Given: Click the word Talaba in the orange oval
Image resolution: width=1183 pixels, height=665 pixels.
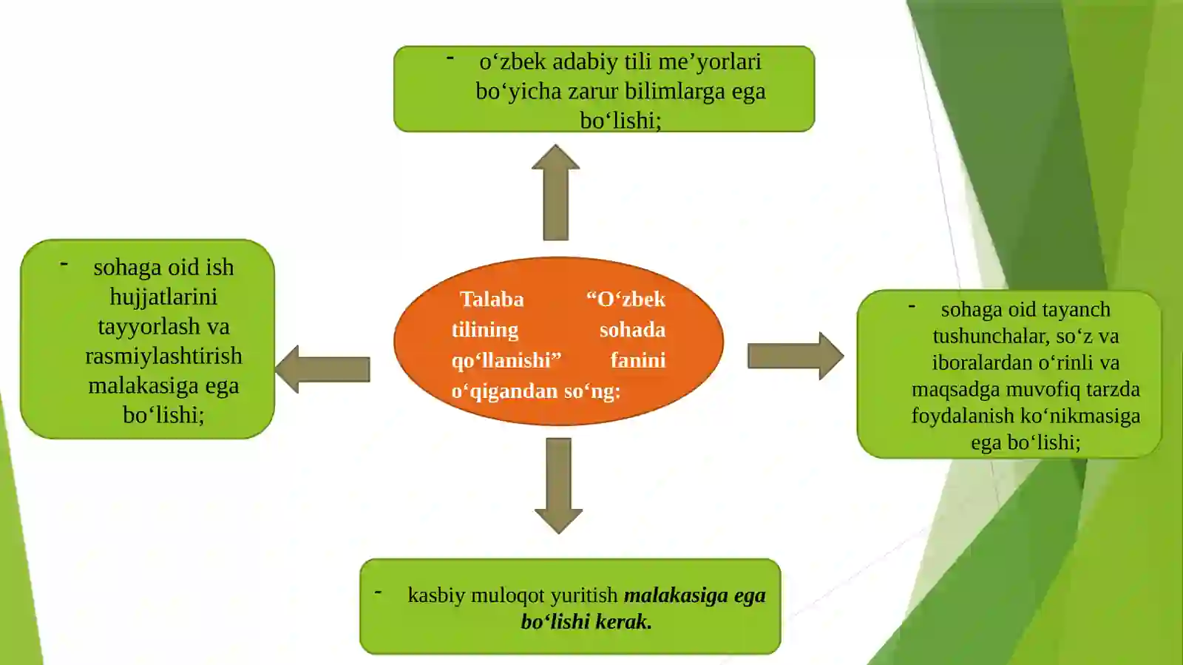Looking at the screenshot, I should pyautogui.click(x=492, y=299).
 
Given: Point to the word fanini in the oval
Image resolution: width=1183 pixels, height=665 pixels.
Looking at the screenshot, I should pyautogui.click(x=637, y=360).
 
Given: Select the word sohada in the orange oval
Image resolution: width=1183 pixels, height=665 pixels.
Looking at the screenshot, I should pyautogui.click(x=632, y=330).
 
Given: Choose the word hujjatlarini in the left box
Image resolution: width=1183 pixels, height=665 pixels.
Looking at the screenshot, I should pyautogui.click(x=163, y=297).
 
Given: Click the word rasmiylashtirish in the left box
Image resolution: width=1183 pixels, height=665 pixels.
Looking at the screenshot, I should pyautogui.click(x=163, y=356).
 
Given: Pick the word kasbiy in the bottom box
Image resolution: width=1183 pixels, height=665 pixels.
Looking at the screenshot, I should pyautogui.click(x=436, y=595).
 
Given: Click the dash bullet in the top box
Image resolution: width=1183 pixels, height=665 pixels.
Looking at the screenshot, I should pyautogui.click(x=450, y=57).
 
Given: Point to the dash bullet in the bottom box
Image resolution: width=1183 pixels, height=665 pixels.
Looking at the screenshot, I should pyautogui.click(x=378, y=592).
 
